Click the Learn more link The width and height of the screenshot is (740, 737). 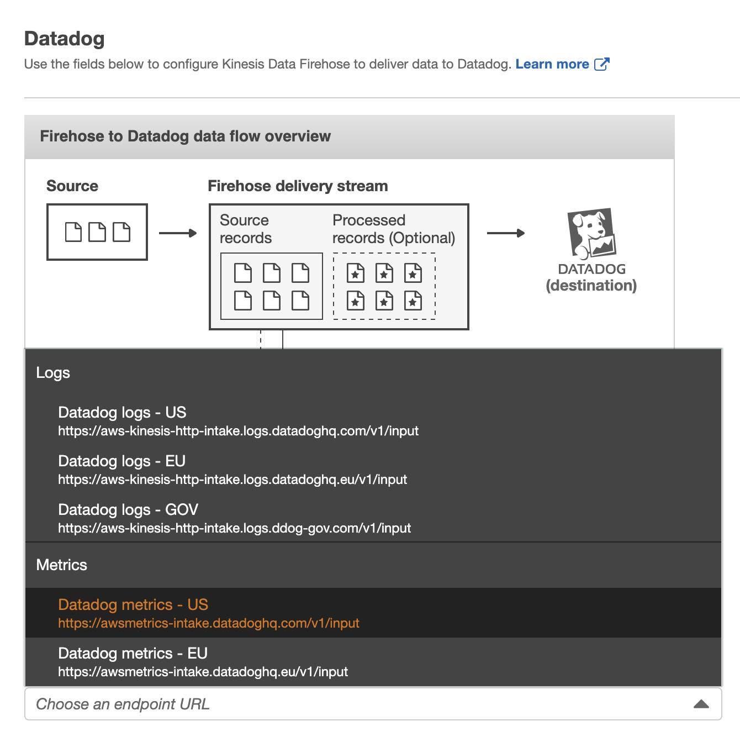click(552, 64)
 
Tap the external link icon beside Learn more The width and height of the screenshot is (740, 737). click(601, 64)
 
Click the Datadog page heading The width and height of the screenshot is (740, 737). click(65, 39)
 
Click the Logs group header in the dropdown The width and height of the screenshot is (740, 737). click(53, 373)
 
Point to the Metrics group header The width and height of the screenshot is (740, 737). click(61, 565)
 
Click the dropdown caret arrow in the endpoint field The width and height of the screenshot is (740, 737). click(701, 704)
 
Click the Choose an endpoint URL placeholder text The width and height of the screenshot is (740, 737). click(123, 704)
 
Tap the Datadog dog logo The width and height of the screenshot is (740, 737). click(591, 233)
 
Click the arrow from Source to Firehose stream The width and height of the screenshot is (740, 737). click(177, 233)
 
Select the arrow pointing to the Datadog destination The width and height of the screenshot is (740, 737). click(505, 233)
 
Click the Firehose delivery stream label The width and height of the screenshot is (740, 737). click(298, 186)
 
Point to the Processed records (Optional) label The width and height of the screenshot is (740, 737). click(393, 229)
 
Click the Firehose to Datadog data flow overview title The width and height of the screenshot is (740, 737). click(185, 136)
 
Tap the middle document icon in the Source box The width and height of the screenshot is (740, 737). click(97, 232)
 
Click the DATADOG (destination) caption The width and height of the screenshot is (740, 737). click(591, 277)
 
